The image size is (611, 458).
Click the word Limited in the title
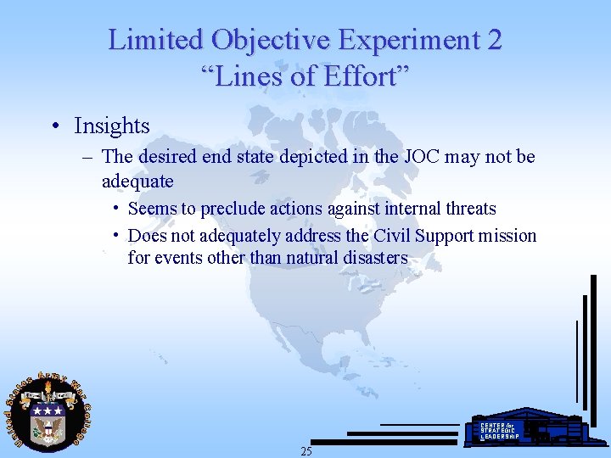coord(156,39)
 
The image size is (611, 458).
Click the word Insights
coord(111,126)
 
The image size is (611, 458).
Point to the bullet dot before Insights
coord(54,127)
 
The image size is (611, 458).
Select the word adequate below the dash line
coord(137,181)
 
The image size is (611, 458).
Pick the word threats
coord(466,209)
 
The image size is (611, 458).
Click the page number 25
coord(306,451)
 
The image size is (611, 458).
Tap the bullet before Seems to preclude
coord(115,209)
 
